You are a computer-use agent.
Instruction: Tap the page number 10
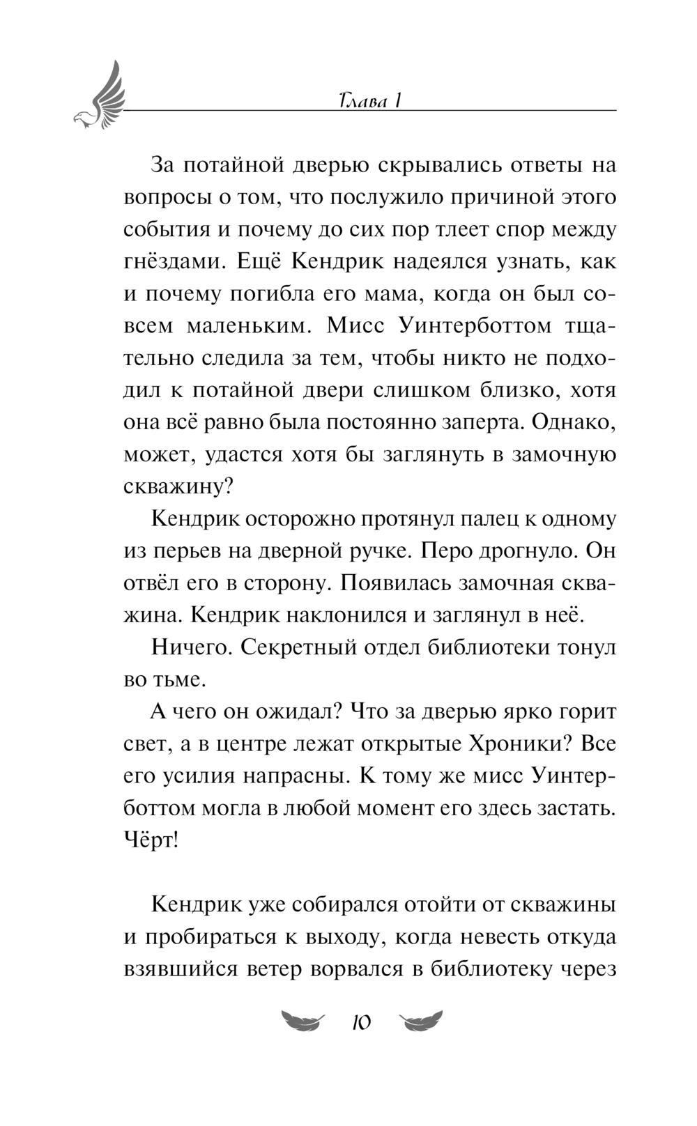[360, 1022]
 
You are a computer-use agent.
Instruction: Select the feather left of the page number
[301, 1021]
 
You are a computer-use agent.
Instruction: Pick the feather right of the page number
[421, 1021]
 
